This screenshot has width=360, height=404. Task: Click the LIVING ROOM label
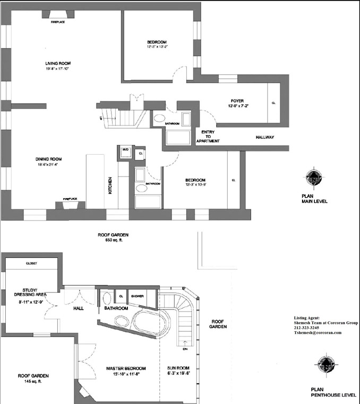57,63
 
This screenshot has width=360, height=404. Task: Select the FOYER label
237,101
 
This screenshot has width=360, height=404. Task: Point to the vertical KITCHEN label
110,185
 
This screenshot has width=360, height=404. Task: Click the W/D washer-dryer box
125,150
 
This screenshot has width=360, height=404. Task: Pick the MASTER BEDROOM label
126,368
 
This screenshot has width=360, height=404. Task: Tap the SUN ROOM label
179,368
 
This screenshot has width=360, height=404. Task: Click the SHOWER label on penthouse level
138,296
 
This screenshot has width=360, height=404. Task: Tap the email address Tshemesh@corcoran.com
318,333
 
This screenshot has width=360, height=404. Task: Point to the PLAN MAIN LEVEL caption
314,199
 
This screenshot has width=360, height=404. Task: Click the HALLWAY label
264,137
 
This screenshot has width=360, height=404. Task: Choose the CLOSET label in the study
31,263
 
